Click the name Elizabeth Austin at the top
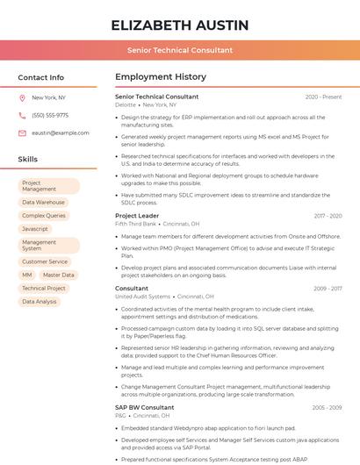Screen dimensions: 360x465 pyautogui.click(x=180, y=25)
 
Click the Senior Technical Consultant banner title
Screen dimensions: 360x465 pyautogui.click(x=180, y=50)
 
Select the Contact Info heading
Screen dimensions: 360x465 pyautogui.click(x=41, y=77)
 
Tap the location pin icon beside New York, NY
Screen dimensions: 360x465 pyautogui.click(x=22, y=97)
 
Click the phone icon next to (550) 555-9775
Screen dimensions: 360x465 pyautogui.click(x=22, y=115)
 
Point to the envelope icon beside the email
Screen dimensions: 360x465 pyautogui.click(x=22, y=132)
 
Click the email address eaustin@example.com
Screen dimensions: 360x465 pyautogui.click(x=61, y=132)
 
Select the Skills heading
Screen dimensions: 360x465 pyautogui.click(x=28, y=160)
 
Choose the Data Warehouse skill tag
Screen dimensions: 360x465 pyautogui.click(x=44, y=202)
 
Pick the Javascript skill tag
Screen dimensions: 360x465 pyautogui.click(x=35, y=228)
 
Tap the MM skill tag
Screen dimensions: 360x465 pyautogui.click(x=26, y=275)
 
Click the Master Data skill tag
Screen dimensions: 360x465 pyautogui.click(x=59, y=275)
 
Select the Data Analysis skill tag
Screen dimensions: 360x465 pyautogui.click(x=40, y=301)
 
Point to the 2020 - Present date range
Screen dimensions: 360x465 pyautogui.click(x=324, y=97)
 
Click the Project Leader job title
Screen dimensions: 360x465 pyautogui.click(x=137, y=216)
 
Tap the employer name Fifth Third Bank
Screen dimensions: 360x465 pyautogui.click(x=135, y=224)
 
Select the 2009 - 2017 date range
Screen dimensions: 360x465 pyautogui.click(x=328, y=289)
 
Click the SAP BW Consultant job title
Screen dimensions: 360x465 pyautogui.click(x=145, y=407)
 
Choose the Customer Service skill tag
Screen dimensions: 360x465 pyautogui.click(x=45, y=261)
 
